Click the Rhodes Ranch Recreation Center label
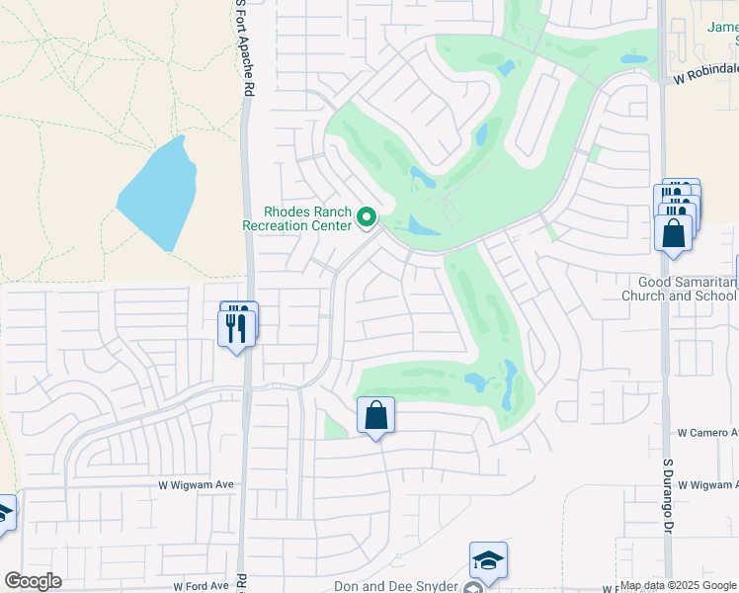point(297,218)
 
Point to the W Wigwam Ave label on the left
point(196,484)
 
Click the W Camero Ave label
point(707,433)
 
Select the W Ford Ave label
point(201,585)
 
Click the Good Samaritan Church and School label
point(680,289)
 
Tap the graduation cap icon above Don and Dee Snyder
point(488,560)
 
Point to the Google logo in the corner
point(33,581)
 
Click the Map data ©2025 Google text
point(678,586)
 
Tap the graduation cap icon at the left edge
point(4,513)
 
